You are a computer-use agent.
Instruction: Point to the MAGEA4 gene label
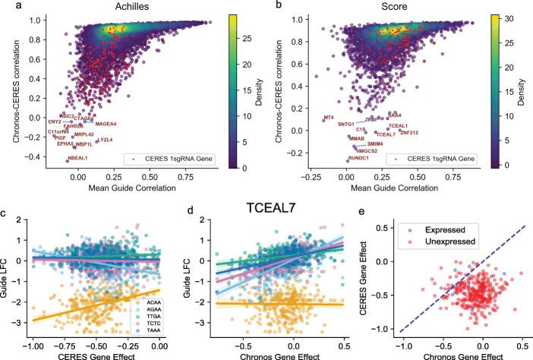point(106,123)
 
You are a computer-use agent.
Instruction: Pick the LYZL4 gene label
point(105,140)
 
